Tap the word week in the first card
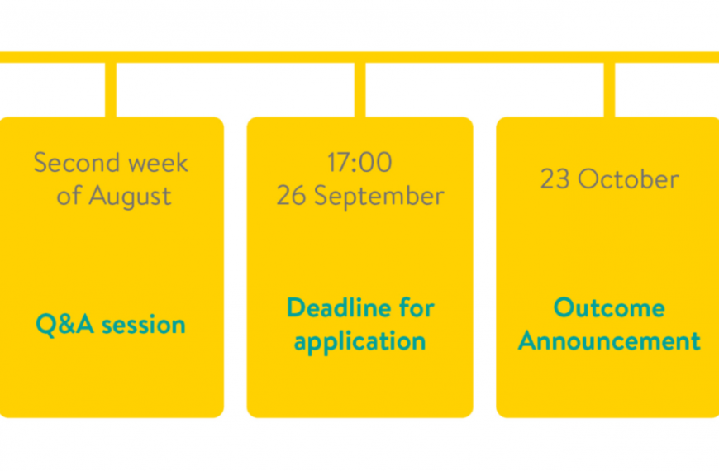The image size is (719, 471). pyautogui.click(x=158, y=162)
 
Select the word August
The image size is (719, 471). pyautogui.click(x=131, y=197)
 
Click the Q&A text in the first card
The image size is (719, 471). pyautogui.click(x=64, y=324)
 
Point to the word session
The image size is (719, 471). pyautogui.click(x=144, y=325)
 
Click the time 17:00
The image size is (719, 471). pyautogui.click(x=359, y=162)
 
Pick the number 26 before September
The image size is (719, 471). pyautogui.click(x=291, y=195)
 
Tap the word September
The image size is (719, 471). pyautogui.click(x=379, y=197)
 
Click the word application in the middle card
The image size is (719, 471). pyautogui.click(x=360, y=342)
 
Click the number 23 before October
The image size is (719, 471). pyautogui.click(x=555, y=178)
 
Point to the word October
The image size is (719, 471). pyautogui.click(x=628, y=178)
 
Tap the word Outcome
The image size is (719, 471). pyautogui.click(x=609, y=307)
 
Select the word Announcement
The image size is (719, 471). pyautogui.click(x=609, y=340)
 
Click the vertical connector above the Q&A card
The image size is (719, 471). pyautogui.click(x=111, y=89)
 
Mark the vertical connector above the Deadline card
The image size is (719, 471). pyautogui.click(x=360, y=89)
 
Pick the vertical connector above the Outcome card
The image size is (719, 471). pyautogui.click(x=609, y=89)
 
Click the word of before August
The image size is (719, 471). pyautogui.click(x=69, y=195)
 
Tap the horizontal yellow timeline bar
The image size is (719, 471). pyautogui.click(x=359, y=57)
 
